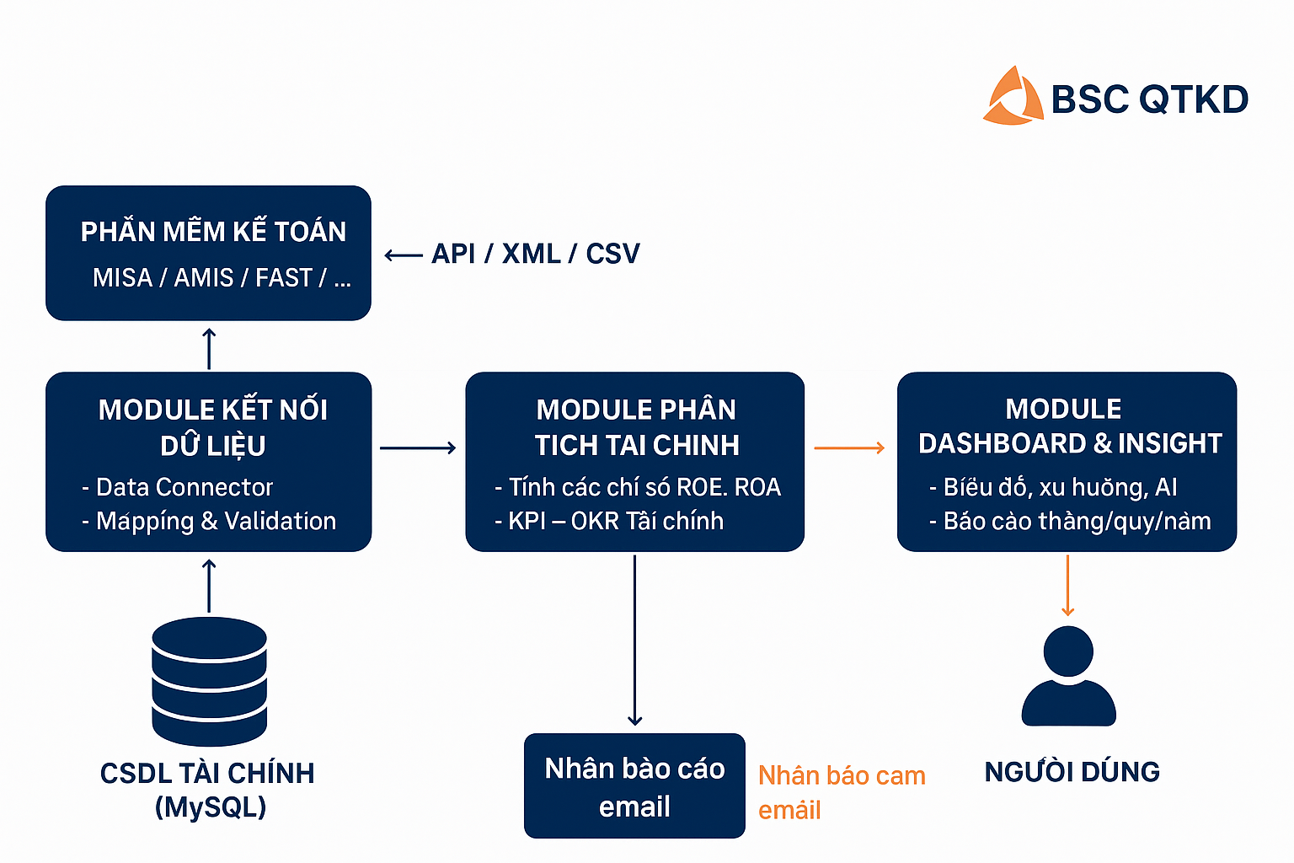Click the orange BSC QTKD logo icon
tap(1013, 96)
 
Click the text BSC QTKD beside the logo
tap(1150, 99)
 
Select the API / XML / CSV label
tap(536, 254)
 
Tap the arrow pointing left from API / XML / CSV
tap(404, 255)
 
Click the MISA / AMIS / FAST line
tap(222, 277)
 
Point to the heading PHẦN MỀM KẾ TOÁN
tap(213, 232)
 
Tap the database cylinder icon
tap(209, 681)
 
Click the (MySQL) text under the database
tap(211, 807)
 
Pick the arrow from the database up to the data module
tap(209, 586)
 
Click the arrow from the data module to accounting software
tap(209, 348)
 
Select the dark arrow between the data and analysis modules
tap(418, 448)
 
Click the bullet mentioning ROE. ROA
tap(638, 487)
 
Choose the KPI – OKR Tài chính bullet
tap(609, 521)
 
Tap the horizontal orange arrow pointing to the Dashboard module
tap(849, 448)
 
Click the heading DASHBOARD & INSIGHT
tap(1070, 443)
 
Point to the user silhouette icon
tap(1068, 676)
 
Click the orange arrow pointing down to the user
tap(1068, 586)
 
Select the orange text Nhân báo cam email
tap(841, 792)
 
